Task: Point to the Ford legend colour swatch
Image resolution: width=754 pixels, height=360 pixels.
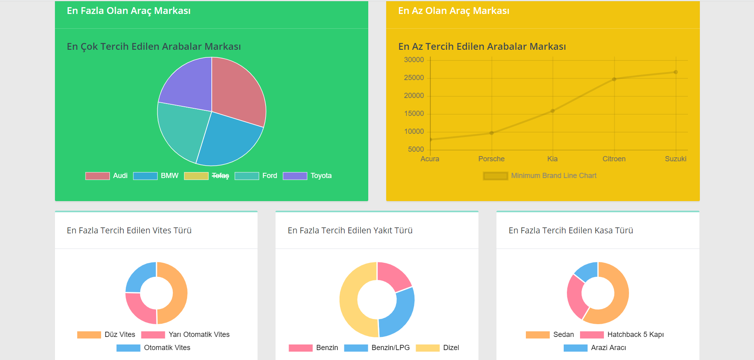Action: tap(246, 176)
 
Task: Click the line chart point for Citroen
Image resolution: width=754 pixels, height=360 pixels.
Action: tap(614, 79)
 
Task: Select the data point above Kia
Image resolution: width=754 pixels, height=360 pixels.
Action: tap(553, 111)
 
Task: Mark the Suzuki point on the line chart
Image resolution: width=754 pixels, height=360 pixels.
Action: tap(676, 72)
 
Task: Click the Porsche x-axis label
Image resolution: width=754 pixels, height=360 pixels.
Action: tap(491, 159)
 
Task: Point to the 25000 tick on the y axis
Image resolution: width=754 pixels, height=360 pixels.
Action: tap(414, 78)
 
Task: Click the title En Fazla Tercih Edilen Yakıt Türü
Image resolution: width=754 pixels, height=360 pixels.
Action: tap(350, 231)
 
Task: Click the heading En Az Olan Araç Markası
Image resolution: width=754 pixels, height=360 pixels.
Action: tap(453, 11)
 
